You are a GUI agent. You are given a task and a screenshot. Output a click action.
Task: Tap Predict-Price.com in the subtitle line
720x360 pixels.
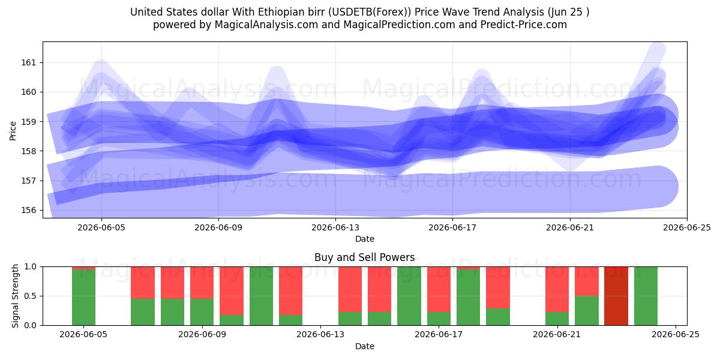tap(524, 25)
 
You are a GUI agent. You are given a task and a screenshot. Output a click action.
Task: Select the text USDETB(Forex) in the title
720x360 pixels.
tap(368, 12)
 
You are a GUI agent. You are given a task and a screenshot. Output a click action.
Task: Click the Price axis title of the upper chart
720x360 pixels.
tap(13, 131)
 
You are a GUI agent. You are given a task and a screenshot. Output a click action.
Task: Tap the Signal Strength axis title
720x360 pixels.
tap(15, 296)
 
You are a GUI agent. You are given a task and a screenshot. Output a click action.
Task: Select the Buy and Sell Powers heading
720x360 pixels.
tap(365, 257)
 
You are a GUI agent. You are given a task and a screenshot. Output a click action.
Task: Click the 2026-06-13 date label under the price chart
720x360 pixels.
tap(335, 227)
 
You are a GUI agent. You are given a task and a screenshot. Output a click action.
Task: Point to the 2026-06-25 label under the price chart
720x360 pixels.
tap(687, 227)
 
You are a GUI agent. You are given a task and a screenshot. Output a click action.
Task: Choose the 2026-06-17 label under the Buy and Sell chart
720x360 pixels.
tap(439, 335)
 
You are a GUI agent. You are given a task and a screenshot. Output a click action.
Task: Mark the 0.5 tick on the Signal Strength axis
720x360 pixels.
tap(31, 296)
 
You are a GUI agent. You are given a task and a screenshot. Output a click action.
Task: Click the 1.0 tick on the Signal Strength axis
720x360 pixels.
tap(31, 267)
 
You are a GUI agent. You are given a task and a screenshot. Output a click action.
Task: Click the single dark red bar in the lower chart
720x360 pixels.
tap(616, 296)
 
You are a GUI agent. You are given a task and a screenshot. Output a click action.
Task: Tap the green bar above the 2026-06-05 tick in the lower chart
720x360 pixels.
tap(83, 298)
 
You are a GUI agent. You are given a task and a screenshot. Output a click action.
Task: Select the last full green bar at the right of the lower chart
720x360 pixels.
tap(646, 296)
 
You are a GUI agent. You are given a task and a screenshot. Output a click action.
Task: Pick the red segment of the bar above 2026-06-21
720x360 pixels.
tap(557, 289)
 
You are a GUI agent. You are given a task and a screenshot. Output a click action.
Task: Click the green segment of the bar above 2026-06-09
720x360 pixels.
tap(202, 312)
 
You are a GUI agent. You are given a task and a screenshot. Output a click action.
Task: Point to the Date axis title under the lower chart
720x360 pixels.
tap(365, 347)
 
